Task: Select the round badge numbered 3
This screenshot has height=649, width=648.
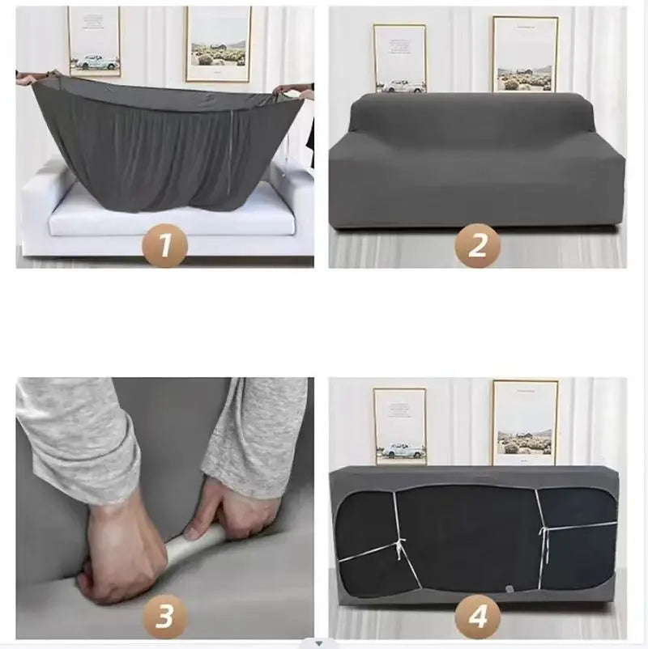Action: (164, 617)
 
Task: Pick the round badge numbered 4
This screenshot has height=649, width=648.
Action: (477, 617)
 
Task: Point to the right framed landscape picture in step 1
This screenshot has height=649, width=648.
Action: (218, 44)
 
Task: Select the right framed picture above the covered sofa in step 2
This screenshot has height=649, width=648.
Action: (525, 53)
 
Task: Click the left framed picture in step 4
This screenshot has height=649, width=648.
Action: (399, 426)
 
